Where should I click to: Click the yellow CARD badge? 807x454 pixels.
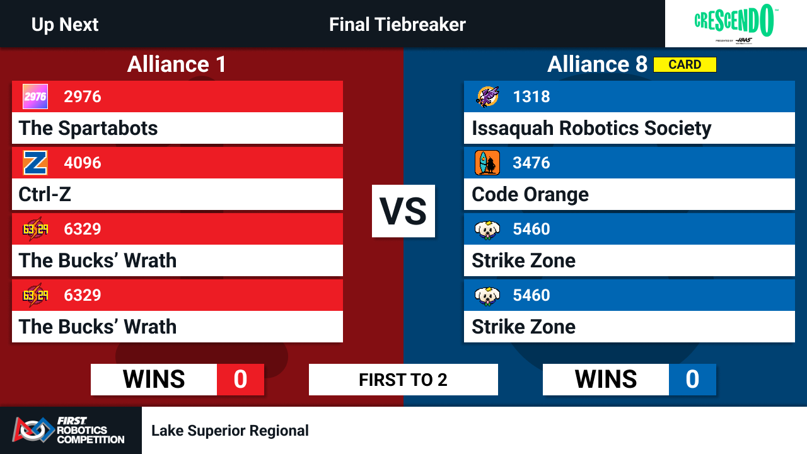(685, 64)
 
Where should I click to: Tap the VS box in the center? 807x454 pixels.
(403, 211)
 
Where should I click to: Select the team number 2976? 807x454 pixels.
(83, 96)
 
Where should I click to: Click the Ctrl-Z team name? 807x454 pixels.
(45, 194)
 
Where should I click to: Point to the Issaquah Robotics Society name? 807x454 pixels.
(591, 129)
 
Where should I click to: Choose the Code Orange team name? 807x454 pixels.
(530, 195)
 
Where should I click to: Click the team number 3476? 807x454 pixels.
(531, 163)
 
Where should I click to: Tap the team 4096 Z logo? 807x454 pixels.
(35, 163)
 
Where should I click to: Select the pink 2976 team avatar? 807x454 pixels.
(35, 96)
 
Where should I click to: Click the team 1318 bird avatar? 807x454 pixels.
(487, 96)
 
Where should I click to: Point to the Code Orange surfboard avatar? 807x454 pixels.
(487, 163)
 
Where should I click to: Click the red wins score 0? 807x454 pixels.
(240, 380)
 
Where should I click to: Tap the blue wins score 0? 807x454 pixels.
(692, 380)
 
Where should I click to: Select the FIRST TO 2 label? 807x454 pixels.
(403, 380)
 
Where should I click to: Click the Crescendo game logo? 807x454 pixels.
(735, 23)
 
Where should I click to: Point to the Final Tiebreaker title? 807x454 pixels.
(397, 25)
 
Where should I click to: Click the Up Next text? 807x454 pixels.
(65, 25)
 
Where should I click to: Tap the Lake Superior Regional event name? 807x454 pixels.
(230, 431)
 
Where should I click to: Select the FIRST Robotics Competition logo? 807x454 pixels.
(69, 430)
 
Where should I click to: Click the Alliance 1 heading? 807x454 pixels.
(177, 64)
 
